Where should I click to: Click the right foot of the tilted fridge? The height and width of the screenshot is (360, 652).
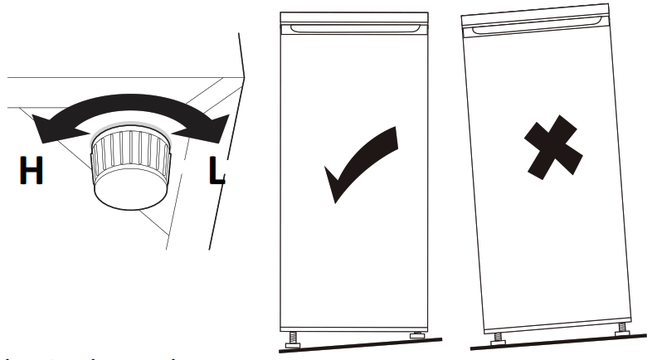point(620,329)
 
